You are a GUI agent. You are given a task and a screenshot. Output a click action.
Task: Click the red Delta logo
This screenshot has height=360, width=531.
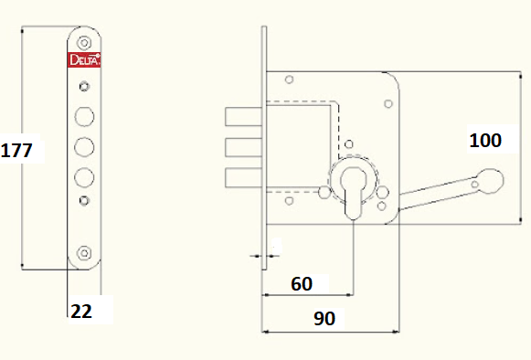[x=84, y=60]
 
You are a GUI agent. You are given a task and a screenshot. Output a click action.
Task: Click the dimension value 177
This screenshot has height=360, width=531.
[x=16, y=150]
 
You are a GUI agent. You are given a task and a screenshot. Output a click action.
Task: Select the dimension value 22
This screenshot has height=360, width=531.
[x=81, y=311]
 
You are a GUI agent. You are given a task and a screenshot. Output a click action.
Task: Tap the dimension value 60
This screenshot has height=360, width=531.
[x=302, y=284]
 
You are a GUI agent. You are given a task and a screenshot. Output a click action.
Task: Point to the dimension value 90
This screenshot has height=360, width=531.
[x=324, y=318]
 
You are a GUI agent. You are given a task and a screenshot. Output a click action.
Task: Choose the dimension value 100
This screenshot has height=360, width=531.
[x=485, y=140]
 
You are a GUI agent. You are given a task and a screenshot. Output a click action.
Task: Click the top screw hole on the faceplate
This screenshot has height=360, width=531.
[x=84, y=43]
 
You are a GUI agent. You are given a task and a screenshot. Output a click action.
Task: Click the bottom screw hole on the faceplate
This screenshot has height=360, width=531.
[x=84, y=253]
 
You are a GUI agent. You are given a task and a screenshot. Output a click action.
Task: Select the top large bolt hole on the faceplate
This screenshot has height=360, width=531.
[x=84, y=117]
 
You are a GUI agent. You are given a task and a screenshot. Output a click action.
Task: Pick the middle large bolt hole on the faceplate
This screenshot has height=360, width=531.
[x=84, y=147]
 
